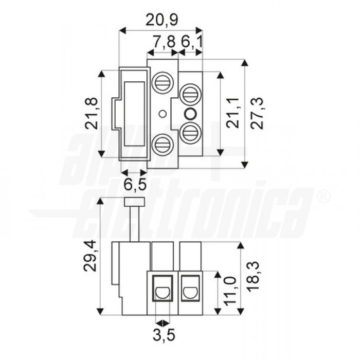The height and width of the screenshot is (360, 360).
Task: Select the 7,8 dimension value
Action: [164, 43]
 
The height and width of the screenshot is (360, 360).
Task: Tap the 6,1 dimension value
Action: [191, 43]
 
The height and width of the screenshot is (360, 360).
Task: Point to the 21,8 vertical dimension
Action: [91, 114]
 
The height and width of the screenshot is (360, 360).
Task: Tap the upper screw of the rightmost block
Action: [190, 94]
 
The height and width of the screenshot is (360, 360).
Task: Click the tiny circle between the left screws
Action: [163, 114]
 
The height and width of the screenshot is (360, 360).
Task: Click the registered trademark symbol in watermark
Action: [323, 196]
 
